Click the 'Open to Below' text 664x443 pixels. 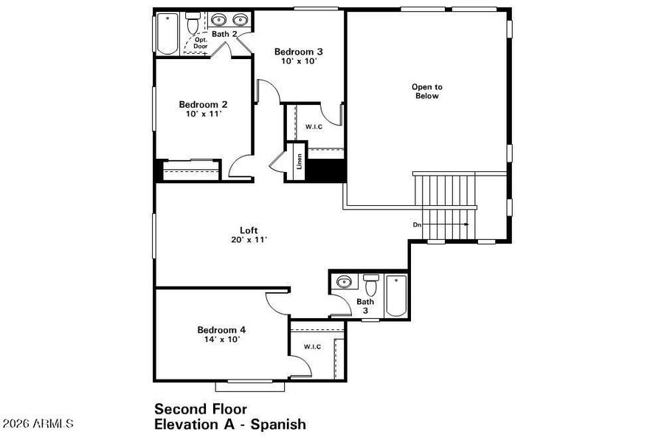(426, 92)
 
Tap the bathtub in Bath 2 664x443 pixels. (167, 34)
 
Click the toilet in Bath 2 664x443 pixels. (194, 25)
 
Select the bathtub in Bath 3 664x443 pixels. (396, 295)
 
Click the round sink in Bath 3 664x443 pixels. (343, 282)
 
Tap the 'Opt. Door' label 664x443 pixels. (201, 44)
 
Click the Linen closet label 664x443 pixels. (299, 160)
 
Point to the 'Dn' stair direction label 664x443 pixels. (417, 224)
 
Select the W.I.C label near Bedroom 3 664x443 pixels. (314, 127)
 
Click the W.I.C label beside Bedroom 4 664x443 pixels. (312, 347)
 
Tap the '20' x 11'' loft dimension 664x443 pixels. (248, 239)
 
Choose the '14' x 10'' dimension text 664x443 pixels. (221, 340)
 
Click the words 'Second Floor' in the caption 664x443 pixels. (200, 409)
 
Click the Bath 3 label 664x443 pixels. (366, 306)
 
